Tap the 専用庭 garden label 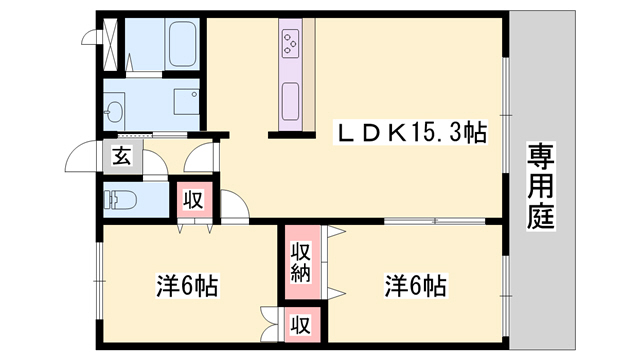pos(541,185)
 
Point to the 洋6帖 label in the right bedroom pos(414,286)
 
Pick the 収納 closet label pos(300,260)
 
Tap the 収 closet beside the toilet pos(193,198)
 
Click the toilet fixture pos(121,198)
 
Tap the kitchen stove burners pos(292,43)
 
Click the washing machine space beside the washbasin pos(186,104)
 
